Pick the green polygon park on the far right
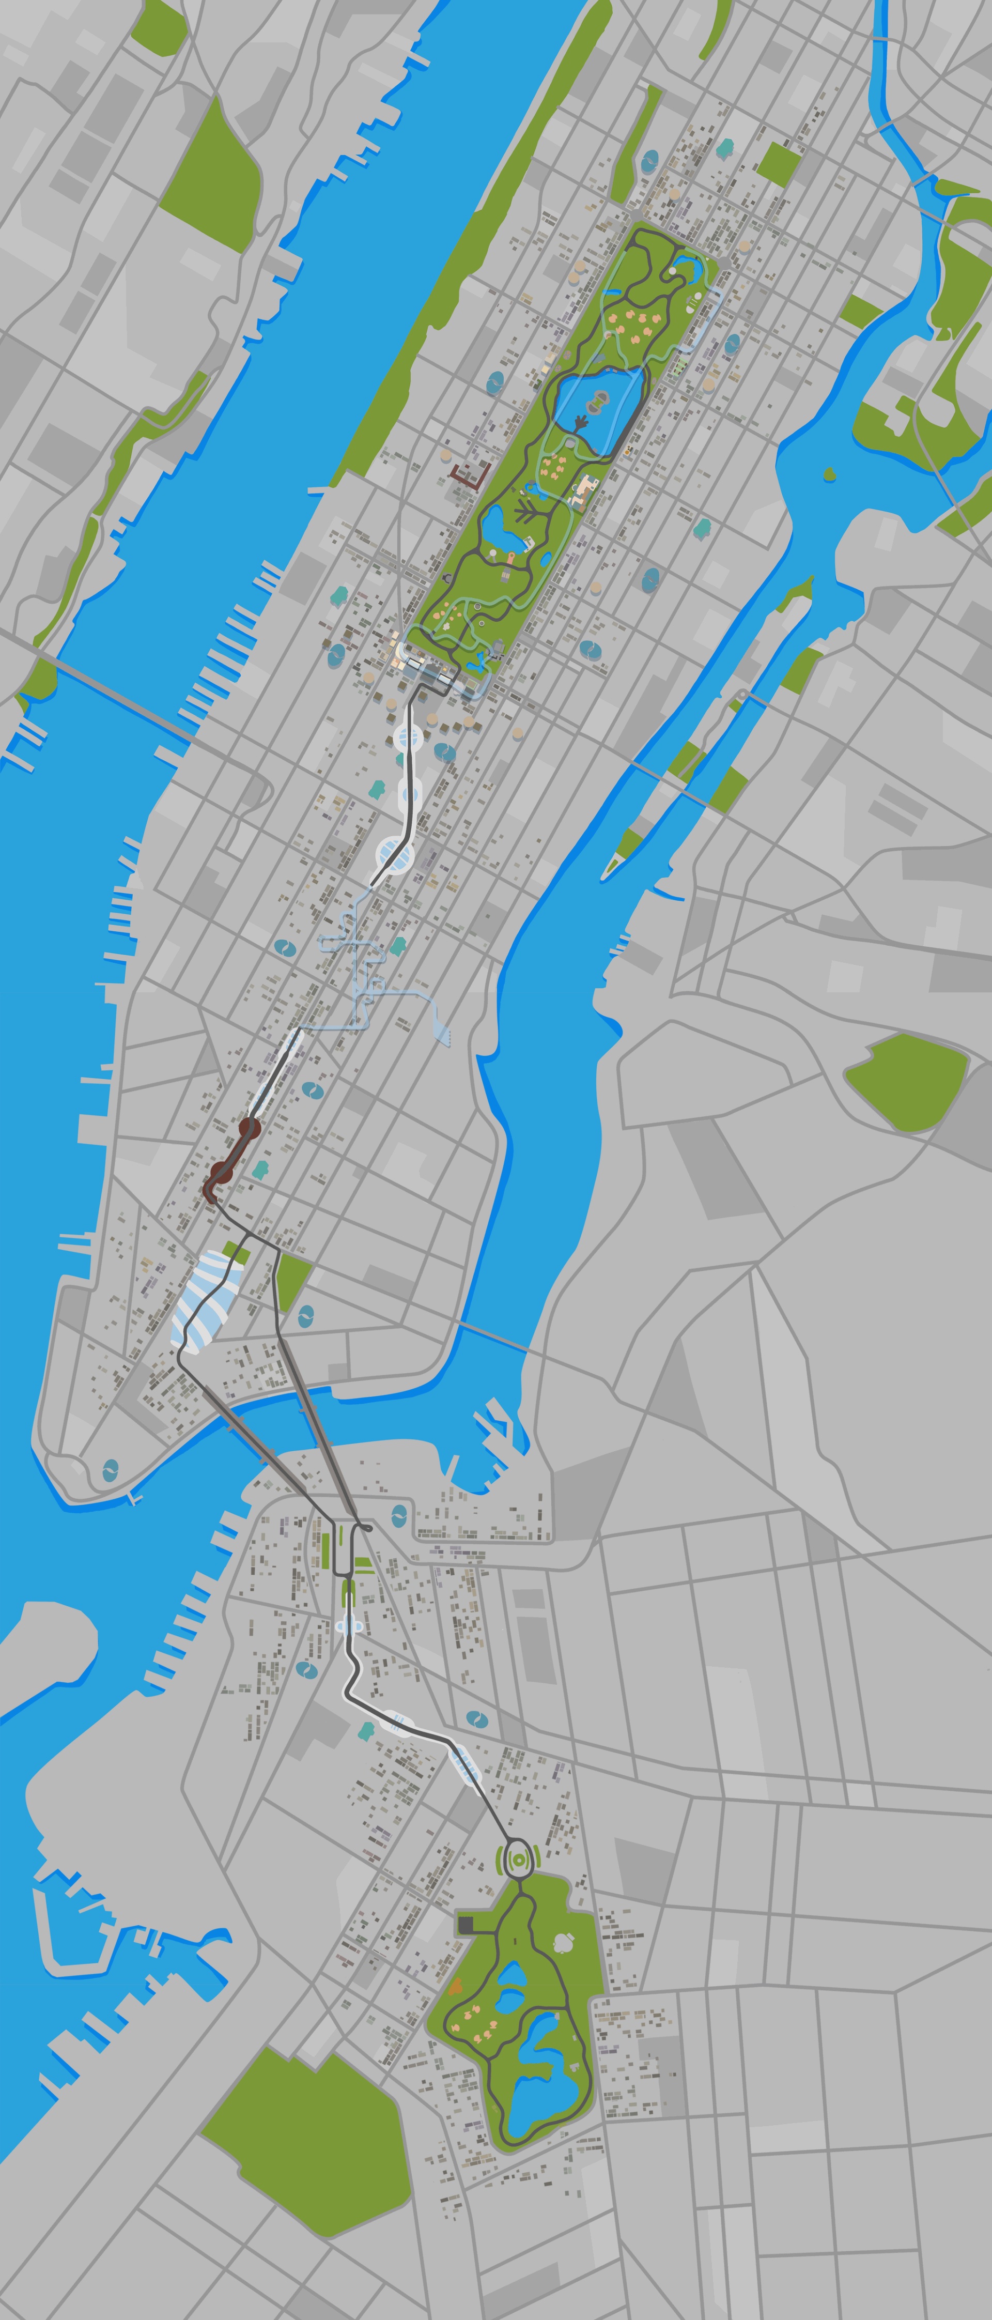905,1081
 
